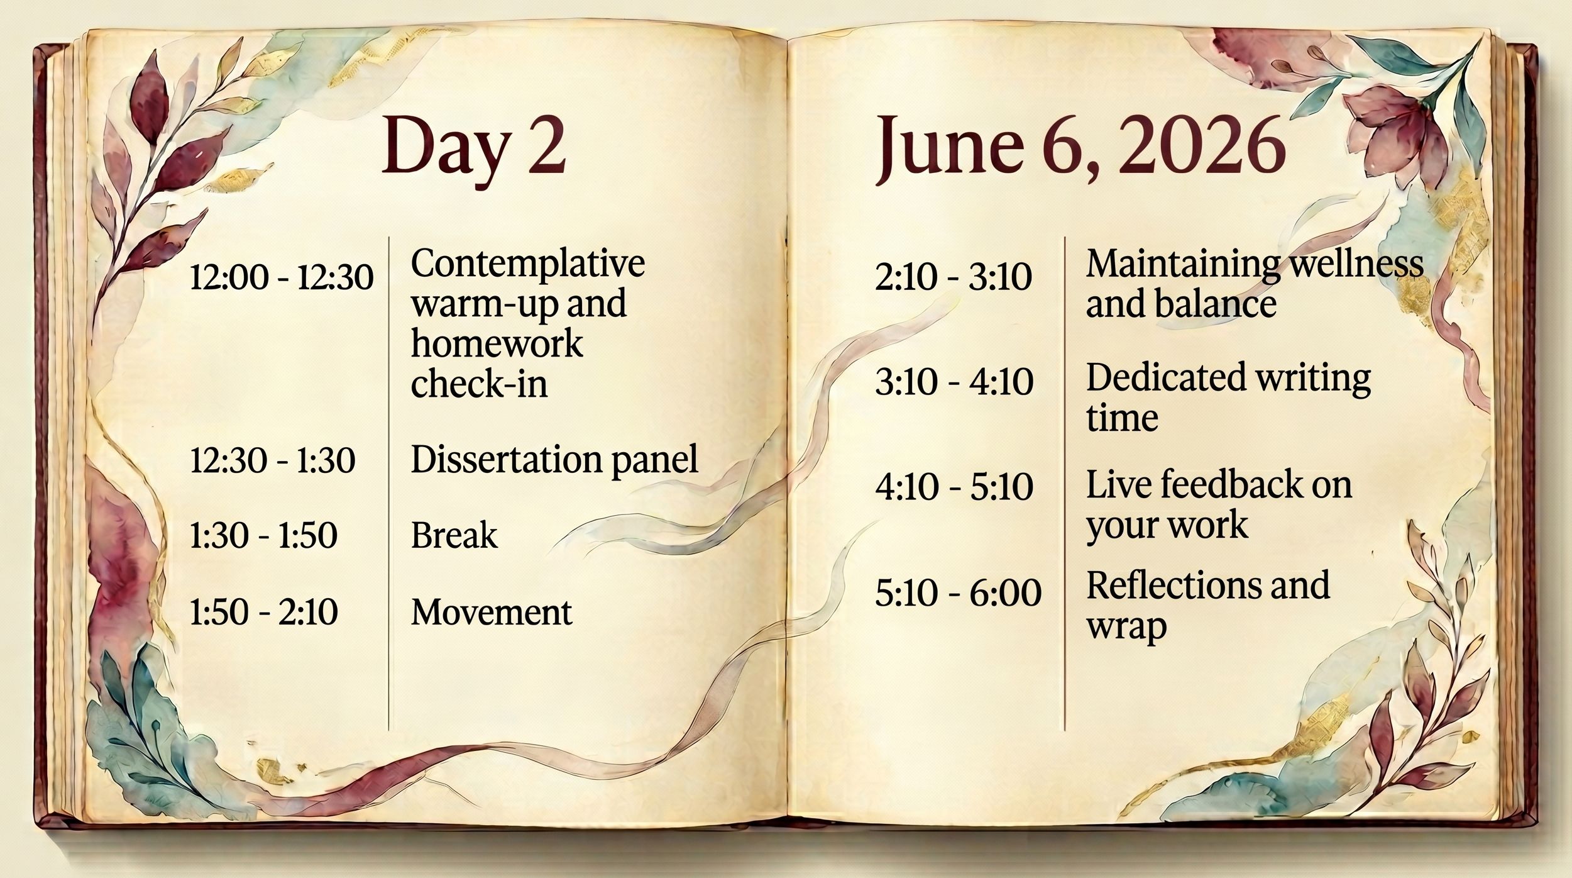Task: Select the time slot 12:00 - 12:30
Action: (x=282, y=277)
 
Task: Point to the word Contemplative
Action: (x=527, y=263)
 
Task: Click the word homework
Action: (x=497, y=343)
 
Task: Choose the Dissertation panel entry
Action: (x=554, y=459)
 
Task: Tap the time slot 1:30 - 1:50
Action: (x=263, y=536)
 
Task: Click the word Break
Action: (x=454, y=536)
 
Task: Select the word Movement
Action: (x=492, y=612)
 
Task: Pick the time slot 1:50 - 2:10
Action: (x=263, y=612)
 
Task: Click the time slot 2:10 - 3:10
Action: (x=953, y=277)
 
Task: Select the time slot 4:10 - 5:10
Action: (x=954, y=486)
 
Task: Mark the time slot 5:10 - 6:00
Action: (x=958, y=593)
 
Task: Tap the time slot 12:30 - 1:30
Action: (x=272, y=460)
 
